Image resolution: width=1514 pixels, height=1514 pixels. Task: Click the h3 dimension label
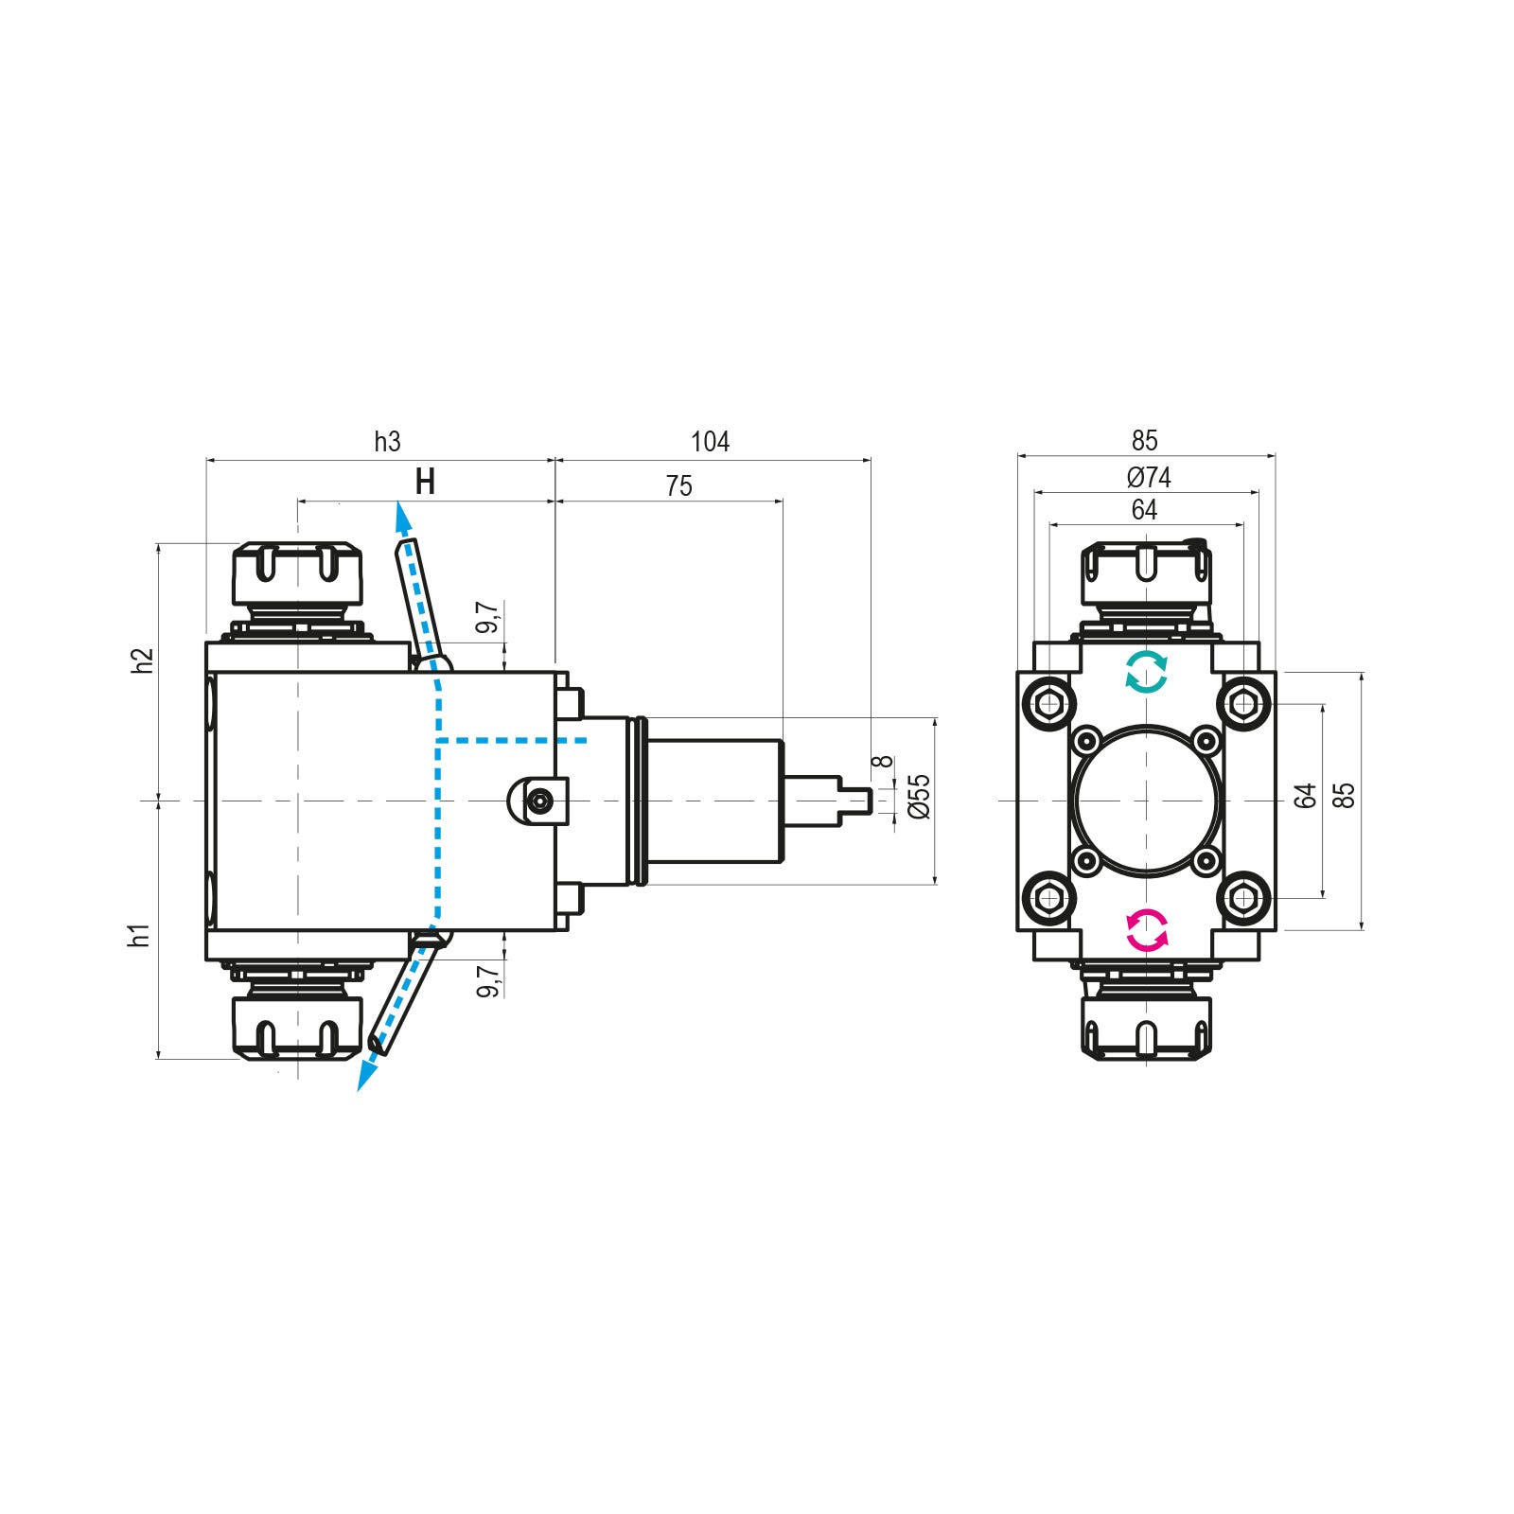(387, 441)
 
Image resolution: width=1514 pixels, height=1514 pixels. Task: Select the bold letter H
(426, 483)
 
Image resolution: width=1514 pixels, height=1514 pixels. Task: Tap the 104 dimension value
(710, 441)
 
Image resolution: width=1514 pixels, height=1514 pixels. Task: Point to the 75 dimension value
(678, 485)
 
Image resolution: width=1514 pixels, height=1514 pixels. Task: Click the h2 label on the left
(143, 660)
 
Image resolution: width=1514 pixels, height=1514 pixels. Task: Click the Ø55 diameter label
(919, 797)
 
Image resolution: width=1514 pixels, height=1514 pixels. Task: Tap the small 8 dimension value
(886, 761)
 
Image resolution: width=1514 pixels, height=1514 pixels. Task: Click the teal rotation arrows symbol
(1146, 673)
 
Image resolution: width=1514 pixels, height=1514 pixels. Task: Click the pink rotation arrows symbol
(1146, 930)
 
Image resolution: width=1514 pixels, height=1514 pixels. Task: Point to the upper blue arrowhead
(403, 517)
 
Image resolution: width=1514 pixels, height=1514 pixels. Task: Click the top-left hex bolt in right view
(1048, 704)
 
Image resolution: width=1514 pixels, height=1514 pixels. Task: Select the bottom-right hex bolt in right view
(1243, 896)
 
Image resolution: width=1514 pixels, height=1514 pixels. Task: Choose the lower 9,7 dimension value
(488, 980)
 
